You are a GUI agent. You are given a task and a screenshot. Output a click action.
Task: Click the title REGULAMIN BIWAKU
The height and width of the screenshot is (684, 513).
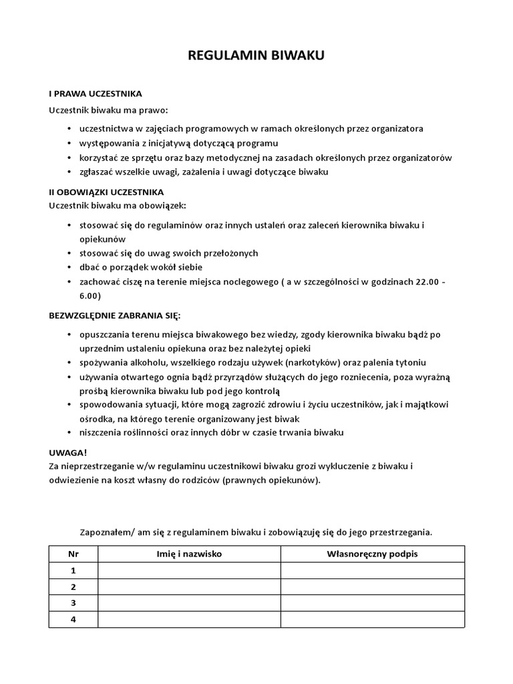click(x=256, y=57)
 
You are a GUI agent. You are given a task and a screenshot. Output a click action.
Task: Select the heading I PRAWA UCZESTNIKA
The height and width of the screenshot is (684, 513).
click(x=95, y=94)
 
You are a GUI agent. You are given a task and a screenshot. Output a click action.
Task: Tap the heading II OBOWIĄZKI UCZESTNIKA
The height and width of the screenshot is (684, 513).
click(x=106, y=192)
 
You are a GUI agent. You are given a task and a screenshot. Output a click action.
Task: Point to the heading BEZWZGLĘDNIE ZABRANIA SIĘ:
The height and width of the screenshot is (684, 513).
click(x=115, y=314)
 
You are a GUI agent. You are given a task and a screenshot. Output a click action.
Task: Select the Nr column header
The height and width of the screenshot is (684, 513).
click(x=73, y=554)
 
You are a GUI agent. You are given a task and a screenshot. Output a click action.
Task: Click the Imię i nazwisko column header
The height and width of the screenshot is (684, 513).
click(x=189, y=554)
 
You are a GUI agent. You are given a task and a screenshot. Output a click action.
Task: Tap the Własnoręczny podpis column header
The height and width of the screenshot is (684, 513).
click(x=372, y=554)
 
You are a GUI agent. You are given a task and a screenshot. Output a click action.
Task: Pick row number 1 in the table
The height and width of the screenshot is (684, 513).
click(x=73, y=570)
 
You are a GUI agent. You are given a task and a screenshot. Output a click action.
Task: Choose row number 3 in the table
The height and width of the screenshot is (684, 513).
click(x=73, y=603)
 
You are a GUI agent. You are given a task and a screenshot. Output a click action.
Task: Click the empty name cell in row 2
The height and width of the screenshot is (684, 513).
click(x=189, y=587)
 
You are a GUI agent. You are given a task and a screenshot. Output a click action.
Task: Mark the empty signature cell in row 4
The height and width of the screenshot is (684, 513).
click(x=372, y=620)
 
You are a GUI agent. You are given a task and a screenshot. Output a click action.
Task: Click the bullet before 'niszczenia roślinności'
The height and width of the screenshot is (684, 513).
click(x=70, y=433)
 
